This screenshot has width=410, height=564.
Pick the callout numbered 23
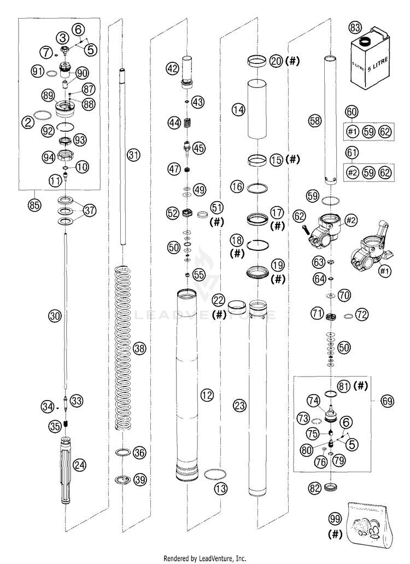239,405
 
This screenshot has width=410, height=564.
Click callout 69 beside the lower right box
387,401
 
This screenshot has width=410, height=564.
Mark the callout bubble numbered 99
336,518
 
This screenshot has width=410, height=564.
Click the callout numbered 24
80,465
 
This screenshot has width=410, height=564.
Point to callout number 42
173,68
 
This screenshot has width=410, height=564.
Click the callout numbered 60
352,113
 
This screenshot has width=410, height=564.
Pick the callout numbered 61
352,154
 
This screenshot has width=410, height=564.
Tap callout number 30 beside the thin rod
53,315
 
